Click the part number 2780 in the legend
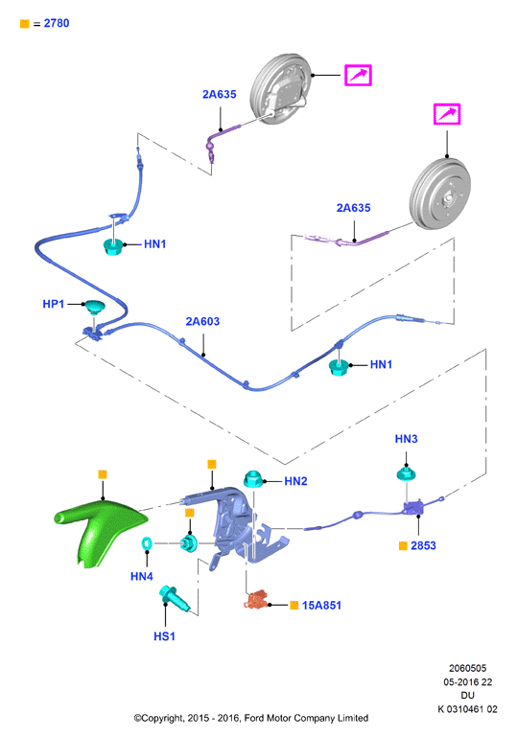pyautogui.click(x=57, y=23)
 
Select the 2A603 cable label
pyautogui.click(x=202, y=321)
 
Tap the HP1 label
pyautogui.click(x=53, y=304)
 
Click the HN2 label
pyautogui.click(x=295, y=481)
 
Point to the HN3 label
pyautogui.click(x=406, y=439)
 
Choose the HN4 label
pyautogui.click(x=142, y=576)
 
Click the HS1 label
pyautogui.click(x=164, y=636)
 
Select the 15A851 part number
pyautogui.click(x=321, y=606)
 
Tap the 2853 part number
pyautogui.click(x=423, y=545)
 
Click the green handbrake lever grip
pyautogui.click(x=101, y=529)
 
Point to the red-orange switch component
pyautogui.click(x=255, y=600)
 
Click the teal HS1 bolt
pyautogui.click(x=174, y=598)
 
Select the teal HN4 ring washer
pyautogui.click(x=147, y=543)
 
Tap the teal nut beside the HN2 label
pyautogui.click(x=253, y=479)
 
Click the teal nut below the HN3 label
pyautogui.click(x=406, y=472)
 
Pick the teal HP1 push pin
pyautogui.click(x=94, y=307)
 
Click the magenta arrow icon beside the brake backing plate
pyautogui.click(x=358, y=75)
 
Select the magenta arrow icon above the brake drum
pyautogui.click(x=447, y=114)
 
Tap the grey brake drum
pyautogui.click(x=440, y=195)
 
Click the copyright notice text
pyautogui.click(x=250, y=718)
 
